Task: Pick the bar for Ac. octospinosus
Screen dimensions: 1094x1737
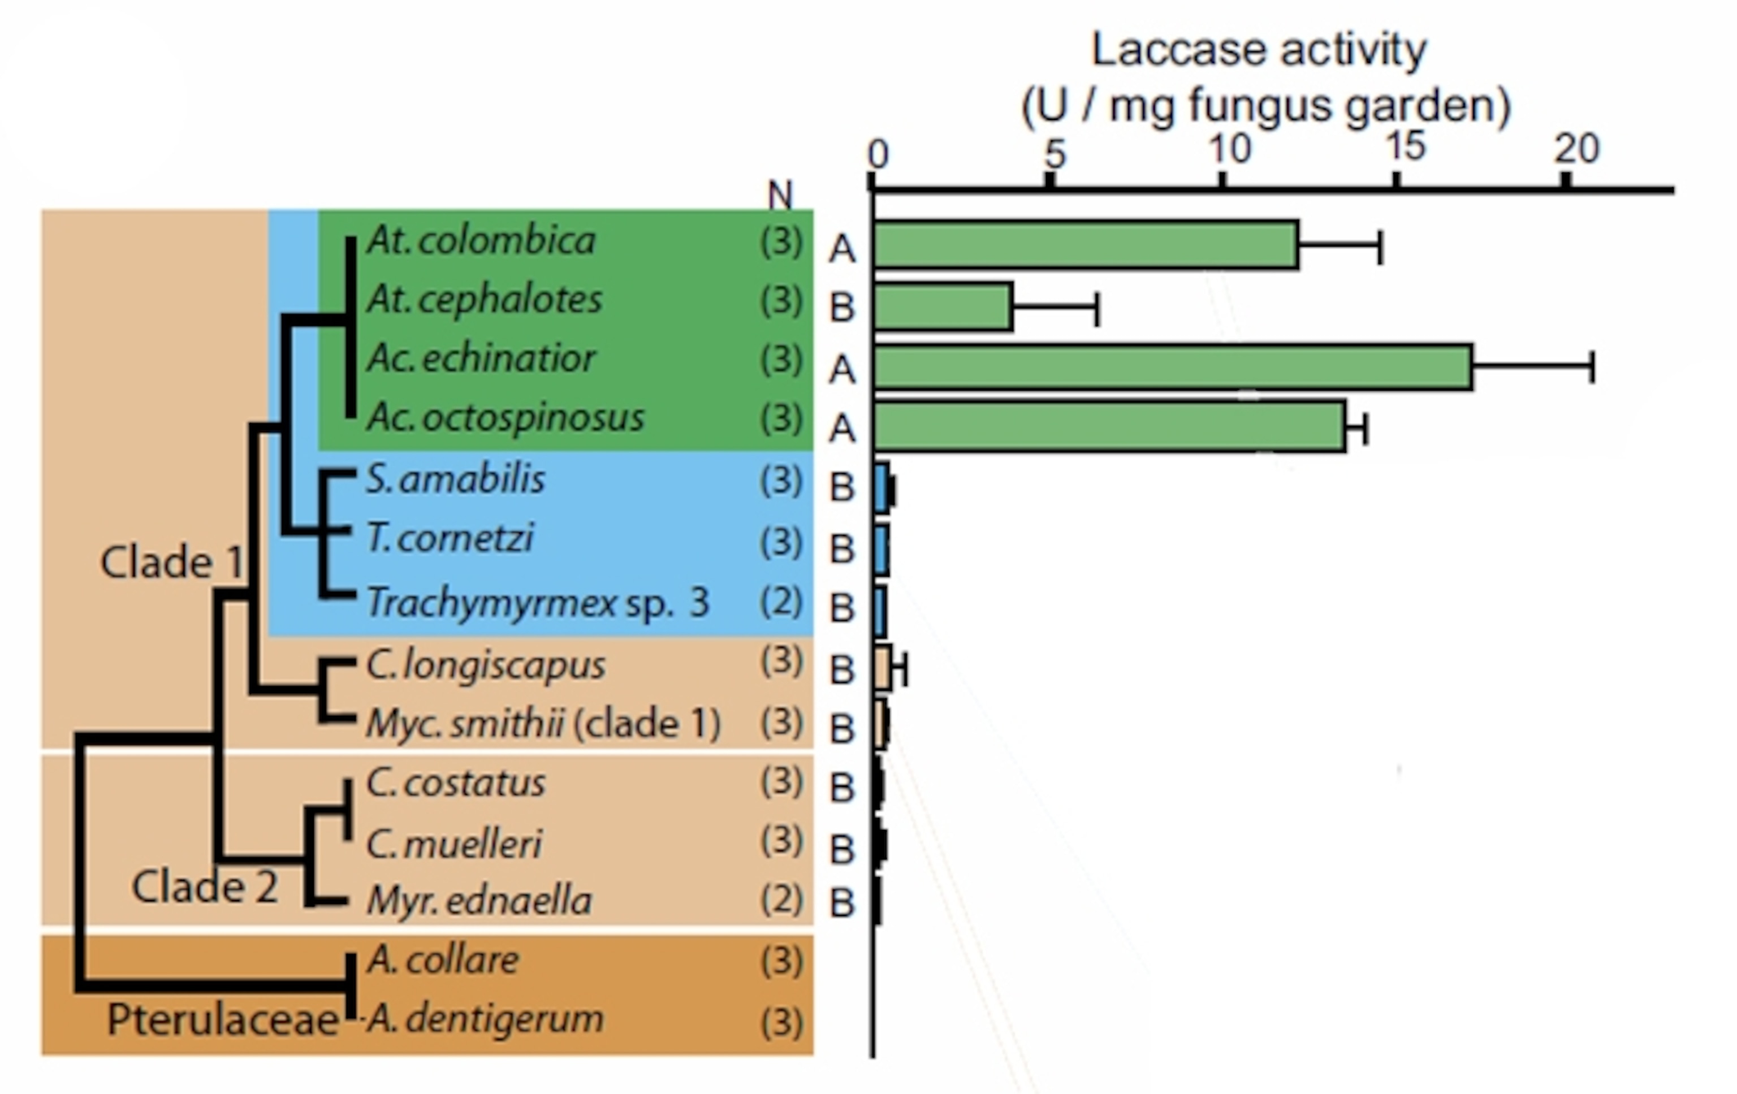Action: click(x=1109, y=427)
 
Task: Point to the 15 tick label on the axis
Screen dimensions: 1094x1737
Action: click(x=1406, y=148)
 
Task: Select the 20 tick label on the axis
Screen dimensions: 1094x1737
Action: click(x=1576, y=149)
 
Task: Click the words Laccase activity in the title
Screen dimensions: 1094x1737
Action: click(x=1259, y=50)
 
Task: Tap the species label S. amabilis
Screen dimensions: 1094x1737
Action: click(x=455, y=479)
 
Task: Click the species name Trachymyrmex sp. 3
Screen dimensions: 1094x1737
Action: click(x=537, y=603)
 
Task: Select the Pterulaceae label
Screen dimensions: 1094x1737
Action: click(x=222, y=1021)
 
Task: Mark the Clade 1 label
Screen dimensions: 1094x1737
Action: click(x=172, y=562)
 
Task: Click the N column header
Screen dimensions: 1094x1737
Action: click(x=780, y=194)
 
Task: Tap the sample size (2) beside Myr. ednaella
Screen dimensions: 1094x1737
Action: click(x=781, y=900)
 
